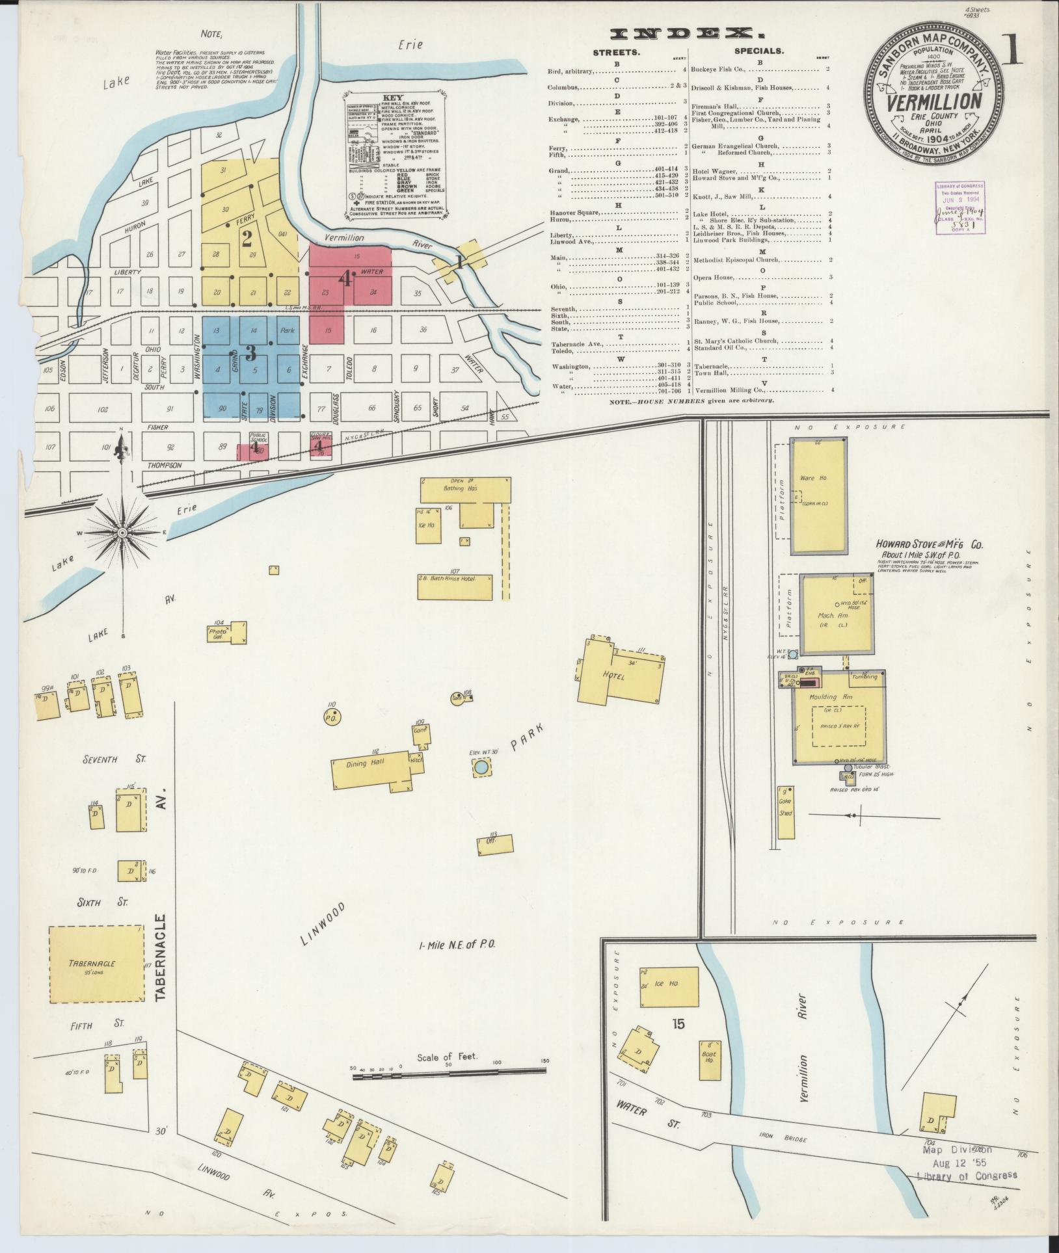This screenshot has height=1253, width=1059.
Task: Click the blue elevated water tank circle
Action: point(481,768)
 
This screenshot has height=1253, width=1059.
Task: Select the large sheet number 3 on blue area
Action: point(250,353)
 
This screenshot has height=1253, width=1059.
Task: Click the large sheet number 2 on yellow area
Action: point(247,239)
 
